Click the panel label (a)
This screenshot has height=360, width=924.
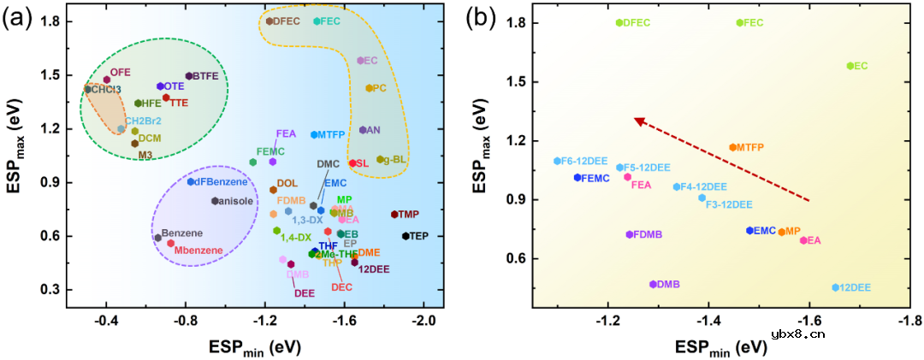(x=20, y=17)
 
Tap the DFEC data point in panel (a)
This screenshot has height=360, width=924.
(x=269, y=21)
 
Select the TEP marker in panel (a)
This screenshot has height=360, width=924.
(x=405, y=235)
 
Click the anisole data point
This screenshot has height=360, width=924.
(x=215, y=201)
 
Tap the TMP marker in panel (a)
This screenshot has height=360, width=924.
(x=394, y=214)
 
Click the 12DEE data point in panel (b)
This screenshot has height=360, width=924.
(x=836, y=287)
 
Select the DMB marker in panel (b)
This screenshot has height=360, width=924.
(x=653, y=284)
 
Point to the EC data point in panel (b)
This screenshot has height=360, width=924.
(x=850, y=65)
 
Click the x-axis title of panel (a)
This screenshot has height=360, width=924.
(x=254, y=349)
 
